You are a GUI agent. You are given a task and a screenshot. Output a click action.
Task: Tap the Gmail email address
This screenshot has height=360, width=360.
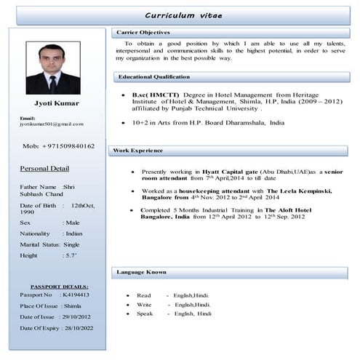click(52, 124)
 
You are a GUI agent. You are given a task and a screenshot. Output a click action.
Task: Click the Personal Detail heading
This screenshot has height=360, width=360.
click(44, 169)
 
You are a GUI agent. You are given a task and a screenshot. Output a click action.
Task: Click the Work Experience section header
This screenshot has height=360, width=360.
click(138, 150)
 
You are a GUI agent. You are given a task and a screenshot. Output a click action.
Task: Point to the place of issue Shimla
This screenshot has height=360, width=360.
click(73, 307)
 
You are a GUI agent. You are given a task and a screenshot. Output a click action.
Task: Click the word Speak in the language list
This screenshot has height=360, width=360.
click(144, 313)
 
